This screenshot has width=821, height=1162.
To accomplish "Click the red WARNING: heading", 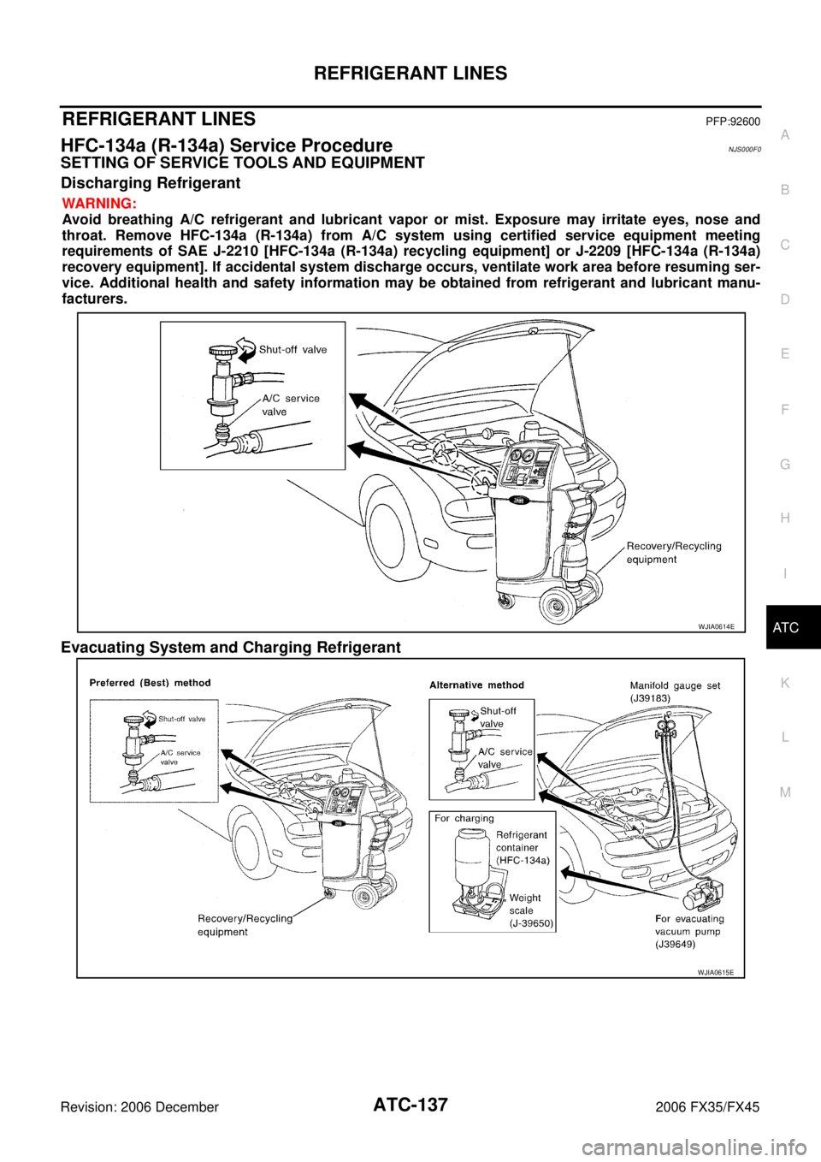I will coord(98,205).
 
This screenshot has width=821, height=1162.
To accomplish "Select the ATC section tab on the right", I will coord(785,628).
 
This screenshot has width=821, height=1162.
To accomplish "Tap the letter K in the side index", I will coord(785,683).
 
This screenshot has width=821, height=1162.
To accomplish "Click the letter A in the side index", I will coord(785,134).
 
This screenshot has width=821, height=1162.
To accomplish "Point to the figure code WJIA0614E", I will coord(716,626).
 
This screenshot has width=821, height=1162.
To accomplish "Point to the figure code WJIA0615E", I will coord(716,972).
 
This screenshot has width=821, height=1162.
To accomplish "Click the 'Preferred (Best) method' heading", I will coord(151,683).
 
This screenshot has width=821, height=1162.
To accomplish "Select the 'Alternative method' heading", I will coord(476,685).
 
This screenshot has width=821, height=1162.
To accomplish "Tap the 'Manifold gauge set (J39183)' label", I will coord(675,692).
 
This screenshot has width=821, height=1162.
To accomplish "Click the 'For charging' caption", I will coord(464,818).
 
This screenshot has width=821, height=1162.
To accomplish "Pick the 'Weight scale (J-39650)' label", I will coord(525,910).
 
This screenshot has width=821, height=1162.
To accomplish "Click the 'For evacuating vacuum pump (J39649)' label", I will coord(689,932).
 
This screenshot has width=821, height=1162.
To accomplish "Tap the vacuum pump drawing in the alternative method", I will coord(700,899).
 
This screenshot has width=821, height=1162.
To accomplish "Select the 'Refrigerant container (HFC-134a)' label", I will coord(522,847).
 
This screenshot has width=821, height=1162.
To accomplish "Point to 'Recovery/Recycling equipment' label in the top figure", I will coord(674,553).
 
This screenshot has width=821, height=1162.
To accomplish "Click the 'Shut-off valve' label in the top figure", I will coord(292,349).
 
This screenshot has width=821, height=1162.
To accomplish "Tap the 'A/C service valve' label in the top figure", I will coord(291,405).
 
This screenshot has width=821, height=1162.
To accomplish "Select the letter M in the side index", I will coord(785,792).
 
